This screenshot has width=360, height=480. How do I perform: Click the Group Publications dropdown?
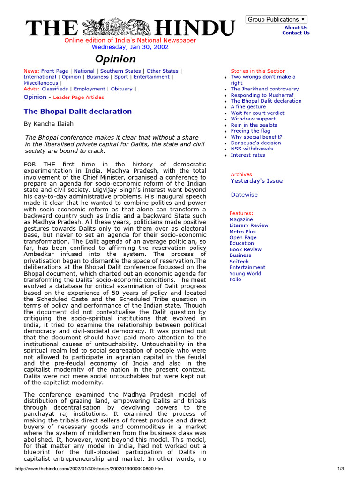pyautogui.click(x=277, y=19)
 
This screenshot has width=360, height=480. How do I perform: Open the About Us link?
pyautogui.click(x=296, y=27)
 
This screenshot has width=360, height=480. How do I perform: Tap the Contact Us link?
pyautogui.click(x=296, y=33)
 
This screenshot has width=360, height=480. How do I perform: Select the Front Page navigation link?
pyautogui.click(x=55, y=71)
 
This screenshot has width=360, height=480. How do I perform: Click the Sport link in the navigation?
pyautogui.click(x=121, y=77)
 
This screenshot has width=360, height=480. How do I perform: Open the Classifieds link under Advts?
pyautogui.click(x=55, y=89)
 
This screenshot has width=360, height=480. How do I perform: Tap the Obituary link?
pyautogui.click(x=122, y=89)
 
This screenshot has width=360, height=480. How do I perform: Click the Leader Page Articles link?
pyautogui.click(x=79, y=97)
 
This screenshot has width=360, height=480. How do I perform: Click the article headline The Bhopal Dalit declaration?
pyautogui.click(x=78, y=112)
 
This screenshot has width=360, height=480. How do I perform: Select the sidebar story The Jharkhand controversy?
pyautogui.click(x=264, y=89)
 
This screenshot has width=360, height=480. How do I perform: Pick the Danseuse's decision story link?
pyautogui.click(x=256, y=143)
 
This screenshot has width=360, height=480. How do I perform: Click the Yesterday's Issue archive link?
pyautogui.click(x=256, y=181)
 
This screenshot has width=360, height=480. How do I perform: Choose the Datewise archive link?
pyautogui.click(x=244, y=195)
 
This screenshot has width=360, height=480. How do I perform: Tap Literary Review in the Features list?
pyautogui.click(x=249, y=225)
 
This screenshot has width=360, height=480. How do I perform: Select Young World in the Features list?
pyautogui.click(x=245, y=274)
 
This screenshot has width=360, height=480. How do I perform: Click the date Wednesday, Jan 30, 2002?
pyautogui.click(x=130, y=47)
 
